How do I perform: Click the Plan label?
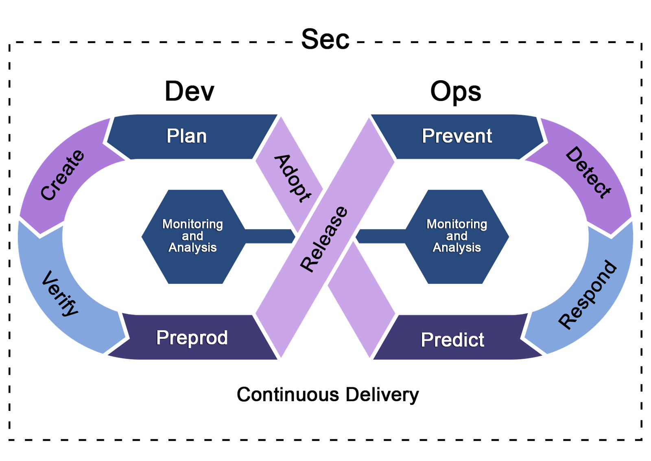coord(187,136)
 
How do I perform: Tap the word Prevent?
coord(457,136)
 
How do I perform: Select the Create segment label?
coord(62,175)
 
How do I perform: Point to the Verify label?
coord(60,293)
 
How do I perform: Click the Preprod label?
coord(192,338)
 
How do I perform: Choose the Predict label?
coord(452,340)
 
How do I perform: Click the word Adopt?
coord(292,178)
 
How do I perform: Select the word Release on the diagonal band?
coord(324,239)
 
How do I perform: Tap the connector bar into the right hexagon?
coord(380,236)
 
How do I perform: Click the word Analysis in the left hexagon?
coord(193,248)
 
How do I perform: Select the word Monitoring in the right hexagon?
coord(457,224)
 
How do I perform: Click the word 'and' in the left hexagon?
coord(192,236)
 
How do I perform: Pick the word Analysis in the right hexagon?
coord(457,248)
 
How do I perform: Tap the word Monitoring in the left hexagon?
coord(193,224)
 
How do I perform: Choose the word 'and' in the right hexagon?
coord(457,236)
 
